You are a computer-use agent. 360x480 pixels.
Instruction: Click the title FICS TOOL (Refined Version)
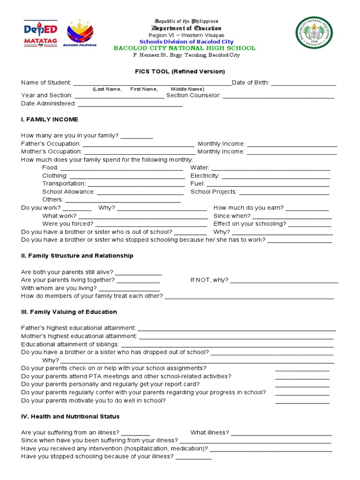pos(180,72)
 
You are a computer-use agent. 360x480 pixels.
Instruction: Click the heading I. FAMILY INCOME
pos(50,120)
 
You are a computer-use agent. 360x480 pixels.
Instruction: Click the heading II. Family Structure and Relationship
pos(77,256)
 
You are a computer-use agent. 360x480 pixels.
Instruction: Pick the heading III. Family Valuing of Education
pos(69,312)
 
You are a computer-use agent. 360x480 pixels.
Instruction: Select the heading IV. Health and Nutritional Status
pos(70,417)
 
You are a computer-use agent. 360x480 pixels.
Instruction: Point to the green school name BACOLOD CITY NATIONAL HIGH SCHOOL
pos(185,48)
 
